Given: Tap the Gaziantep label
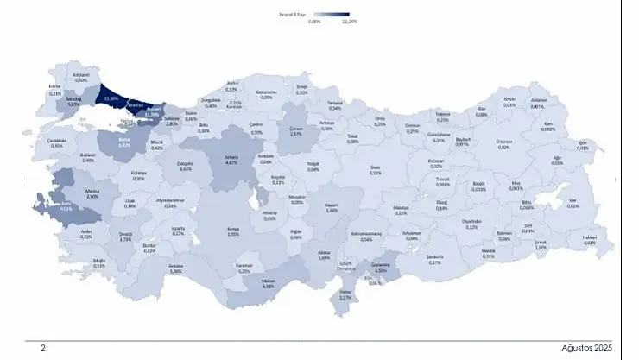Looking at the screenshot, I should click(381, 268).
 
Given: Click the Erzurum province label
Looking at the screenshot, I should click(504, 143).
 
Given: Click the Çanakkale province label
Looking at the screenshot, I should click(57, 143).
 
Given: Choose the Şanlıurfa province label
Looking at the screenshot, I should click(433, 260).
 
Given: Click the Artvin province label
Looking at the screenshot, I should click(509, 100).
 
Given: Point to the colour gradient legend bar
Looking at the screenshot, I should click(331, 15).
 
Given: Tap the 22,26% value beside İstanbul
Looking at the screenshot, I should click(111, 98).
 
